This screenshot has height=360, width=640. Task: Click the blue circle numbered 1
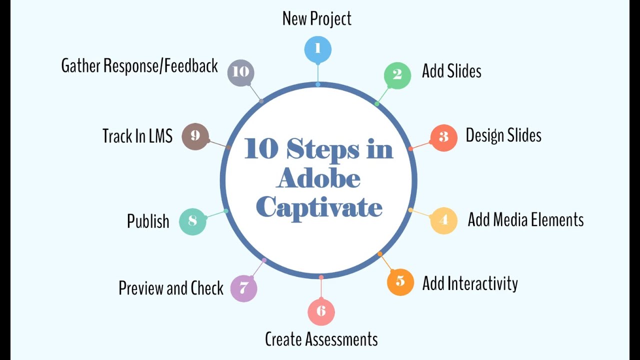click(x=318, y=49)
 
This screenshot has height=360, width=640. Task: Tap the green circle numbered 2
click(x=397, y=75)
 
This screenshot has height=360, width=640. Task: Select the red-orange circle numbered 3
click(x=443, y=137)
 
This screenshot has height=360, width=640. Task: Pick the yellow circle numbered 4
click(x=443, y=220)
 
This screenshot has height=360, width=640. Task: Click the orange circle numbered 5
click(x=400, y=281)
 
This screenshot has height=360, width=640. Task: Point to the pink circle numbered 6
click(x=321, y=311)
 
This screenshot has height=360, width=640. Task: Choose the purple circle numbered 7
click(x=243, y=288)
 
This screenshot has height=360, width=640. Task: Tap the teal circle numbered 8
click(x=192, y=221)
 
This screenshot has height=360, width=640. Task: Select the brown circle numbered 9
click(x=195, y=136)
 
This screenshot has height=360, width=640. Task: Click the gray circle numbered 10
click(x=241, y=72)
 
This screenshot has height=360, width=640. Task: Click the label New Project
click(x=317, y=18)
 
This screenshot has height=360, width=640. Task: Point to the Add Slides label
click(x=451, y=71)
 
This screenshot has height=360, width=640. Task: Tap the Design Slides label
click(x=503, y=135)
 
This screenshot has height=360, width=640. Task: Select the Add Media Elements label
click(x=525, y=219)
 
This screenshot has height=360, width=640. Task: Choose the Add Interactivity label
click(x=470, y=283)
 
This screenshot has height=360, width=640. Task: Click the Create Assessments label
click(x=321, y=339)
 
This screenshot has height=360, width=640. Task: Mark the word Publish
click(x=148, y=221)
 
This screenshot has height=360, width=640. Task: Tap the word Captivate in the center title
click(x=319, y=206)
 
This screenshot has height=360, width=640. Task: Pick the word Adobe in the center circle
click(x=318, y=178)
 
